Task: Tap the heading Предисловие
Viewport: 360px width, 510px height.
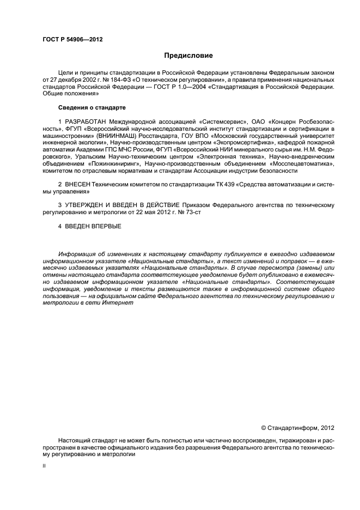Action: pyautogui.click(x=188, y=56)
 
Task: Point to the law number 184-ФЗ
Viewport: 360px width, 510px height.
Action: pyautogui.click(x=114, y=80)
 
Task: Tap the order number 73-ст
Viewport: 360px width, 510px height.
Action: pyautogui.click(x=194, y=211)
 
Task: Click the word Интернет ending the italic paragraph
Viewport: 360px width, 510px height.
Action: pyautogui.click(x=118, y=302)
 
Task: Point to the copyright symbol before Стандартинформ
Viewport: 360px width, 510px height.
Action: pyautogui.click(x=264, y=428)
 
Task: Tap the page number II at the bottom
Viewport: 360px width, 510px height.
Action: pyautogui.click(x=44, y=466)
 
